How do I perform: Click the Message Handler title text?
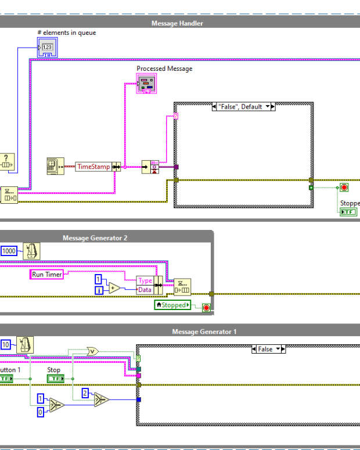coord(177,23)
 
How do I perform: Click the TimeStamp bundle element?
coord(93,167)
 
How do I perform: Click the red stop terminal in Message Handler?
coord(344,188)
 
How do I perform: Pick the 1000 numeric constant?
coord(9,251)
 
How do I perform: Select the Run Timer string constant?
coord(46,274)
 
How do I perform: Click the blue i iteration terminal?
coord(99,290)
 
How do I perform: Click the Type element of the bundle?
coord(145,280)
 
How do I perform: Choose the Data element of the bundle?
coord(145,289)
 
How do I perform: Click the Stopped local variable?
coord(173,305)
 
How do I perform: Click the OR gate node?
coord(92,351)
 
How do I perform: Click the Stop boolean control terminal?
coord(55,379)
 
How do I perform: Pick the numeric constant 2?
coord(85,393)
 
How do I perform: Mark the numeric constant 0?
coord(40,411)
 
